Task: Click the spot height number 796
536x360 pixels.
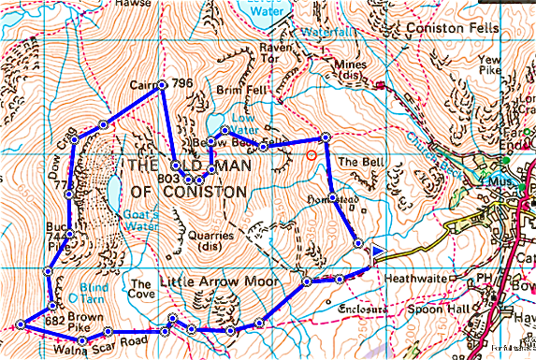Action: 182,85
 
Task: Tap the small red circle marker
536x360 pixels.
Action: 311,154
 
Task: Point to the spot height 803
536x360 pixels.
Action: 168,177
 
